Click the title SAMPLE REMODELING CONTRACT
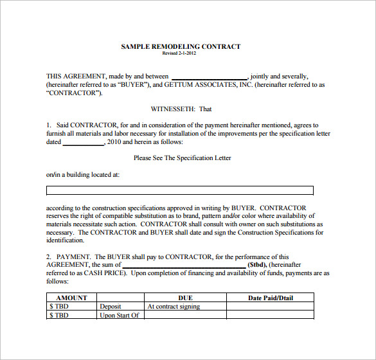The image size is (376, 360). [x=181, y=46]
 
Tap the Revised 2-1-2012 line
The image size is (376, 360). [x=179, y=53]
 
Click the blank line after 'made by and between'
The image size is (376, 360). [x=209, y=76]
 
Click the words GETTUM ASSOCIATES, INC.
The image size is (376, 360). [x=202, y=85]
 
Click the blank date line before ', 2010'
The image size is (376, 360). [x=84, y=143]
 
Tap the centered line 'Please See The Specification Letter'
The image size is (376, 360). [x=182, y=157]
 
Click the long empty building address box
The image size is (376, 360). [x=180, y=190]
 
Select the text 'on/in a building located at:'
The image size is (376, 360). [x=82, y=174]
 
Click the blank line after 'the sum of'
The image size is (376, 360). [x=184, y=265]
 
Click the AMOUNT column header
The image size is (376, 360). [x=71, y=298]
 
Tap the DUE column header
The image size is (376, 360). [x=185, y=298]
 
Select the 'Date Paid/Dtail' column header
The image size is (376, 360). [x=269, y=298]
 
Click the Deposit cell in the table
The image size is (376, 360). [x=110, y=307]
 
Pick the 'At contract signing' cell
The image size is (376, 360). [x=174, y=307]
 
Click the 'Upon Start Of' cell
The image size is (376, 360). [x=120, y=315]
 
